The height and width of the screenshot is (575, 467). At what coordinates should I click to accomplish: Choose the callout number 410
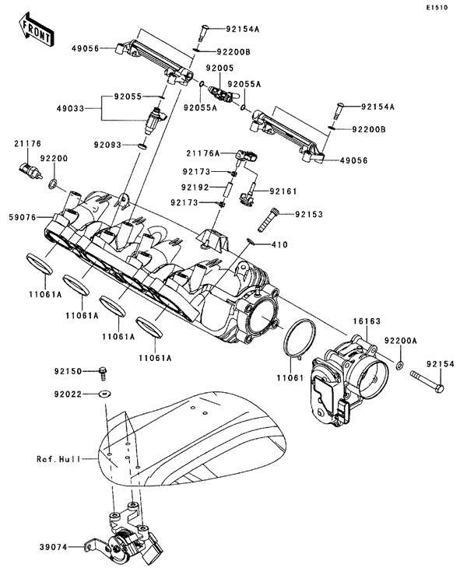pyautogui.click(x=279, y=245)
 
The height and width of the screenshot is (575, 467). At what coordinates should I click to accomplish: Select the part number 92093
pyautogui.click(x=111, y=144)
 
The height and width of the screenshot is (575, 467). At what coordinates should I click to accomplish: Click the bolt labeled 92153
pyautogui.click(x=265, y=216)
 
